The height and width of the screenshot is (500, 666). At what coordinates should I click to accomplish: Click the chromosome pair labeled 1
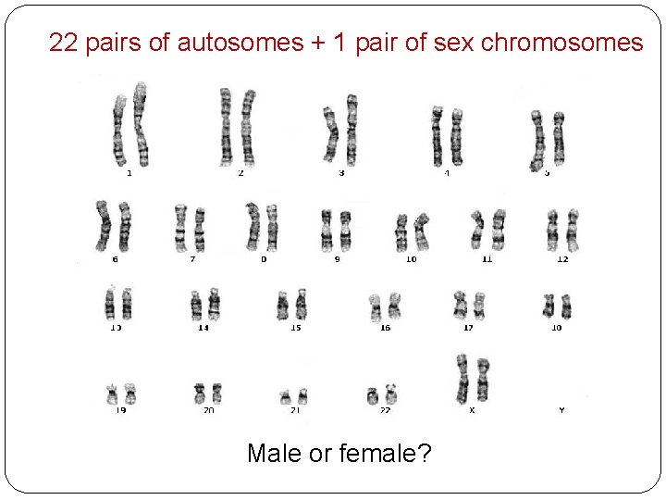point(129,125)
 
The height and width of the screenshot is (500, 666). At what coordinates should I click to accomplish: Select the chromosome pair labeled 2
point(238,127)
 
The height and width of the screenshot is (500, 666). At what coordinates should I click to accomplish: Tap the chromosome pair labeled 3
point(340,130)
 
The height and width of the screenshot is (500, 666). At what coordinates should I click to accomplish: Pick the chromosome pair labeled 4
point(446,135)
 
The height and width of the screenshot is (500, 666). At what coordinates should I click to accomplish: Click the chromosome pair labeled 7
point(190,228)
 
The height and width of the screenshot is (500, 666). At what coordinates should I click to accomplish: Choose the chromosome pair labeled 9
point(336,231)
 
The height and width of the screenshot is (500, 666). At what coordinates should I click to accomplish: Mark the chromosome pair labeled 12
point(562,230)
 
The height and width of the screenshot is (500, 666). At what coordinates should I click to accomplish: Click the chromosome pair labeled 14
point(204,305)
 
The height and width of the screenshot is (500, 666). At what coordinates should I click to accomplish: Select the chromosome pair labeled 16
point(385,306)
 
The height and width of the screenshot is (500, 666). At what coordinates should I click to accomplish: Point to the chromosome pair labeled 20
point(207,393)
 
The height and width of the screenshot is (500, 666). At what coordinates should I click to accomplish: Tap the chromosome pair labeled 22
point(382,394)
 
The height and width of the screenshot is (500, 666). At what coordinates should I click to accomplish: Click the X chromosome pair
point(472,378)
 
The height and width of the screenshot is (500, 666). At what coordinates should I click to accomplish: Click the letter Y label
point(561,409)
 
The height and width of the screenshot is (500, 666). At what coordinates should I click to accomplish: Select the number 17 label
point(469,328)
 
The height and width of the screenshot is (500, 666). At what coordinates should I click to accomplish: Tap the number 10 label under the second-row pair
point(411,259)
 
